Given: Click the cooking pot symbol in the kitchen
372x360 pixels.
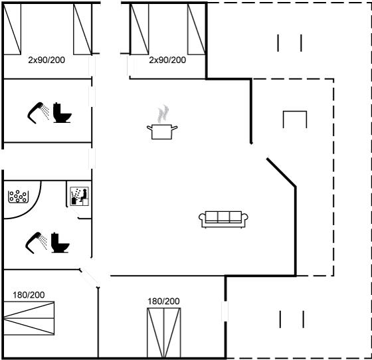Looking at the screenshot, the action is pyautogui.click(x=162, y=132).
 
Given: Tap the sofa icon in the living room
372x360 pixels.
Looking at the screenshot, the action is pyautogui.click(x=223, y=219).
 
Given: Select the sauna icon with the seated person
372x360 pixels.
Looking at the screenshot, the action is pyautogui.click(x=80, y=196).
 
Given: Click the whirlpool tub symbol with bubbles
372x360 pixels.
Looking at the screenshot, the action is pyautogui.click(x=19, y=197).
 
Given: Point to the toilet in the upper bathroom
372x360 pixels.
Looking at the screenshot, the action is pyautogui.click(x=62, y=113).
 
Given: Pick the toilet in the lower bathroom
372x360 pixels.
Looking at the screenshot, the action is pyautogui.click(x=60, y=242).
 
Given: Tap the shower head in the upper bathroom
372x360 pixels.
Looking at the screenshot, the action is pyautogui.click(x=38, y=112).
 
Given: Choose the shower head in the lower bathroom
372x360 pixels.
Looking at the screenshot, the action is pyautogui.click(x=36, y=242).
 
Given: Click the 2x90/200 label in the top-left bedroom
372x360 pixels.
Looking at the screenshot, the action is pyautogui.click(x=46, y=60).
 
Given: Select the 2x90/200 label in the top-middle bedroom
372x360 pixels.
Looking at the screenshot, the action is pyautogui.click(x=167, y=60).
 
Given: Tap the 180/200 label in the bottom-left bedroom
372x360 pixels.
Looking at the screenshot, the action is pyautogui.click(x=29, y=295).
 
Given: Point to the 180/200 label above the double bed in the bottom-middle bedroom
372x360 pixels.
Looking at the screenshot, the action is pyautogui.click(x=163, y=301).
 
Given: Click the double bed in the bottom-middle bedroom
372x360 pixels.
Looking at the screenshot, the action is pyautogui.click(x=163, y=333).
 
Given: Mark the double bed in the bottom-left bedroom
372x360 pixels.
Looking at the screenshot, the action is pyautogui.click(x=29, y=318).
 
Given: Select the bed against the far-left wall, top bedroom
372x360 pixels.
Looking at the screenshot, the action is pyautogui.click(x=13, y=29).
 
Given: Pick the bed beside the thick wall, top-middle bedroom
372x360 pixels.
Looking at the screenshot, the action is pyautogui.click(x=197, y=29).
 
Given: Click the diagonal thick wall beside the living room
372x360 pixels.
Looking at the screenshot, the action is pyautogui.click(x=282, y=172).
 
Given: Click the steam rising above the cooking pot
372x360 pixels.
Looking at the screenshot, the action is pyautogui.click(x=163, y=114).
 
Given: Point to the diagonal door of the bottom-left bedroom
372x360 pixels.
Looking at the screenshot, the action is pyautogui.click(x=89, y=278).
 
